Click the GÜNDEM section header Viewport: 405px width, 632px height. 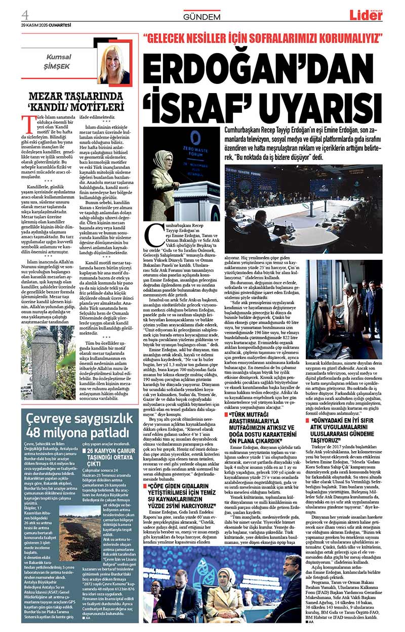pos(202,16)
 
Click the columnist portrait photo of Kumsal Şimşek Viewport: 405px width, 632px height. pos(115,64)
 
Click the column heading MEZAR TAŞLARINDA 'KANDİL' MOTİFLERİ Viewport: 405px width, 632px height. pos(76,102)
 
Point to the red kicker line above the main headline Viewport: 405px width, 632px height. pos(263,39)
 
